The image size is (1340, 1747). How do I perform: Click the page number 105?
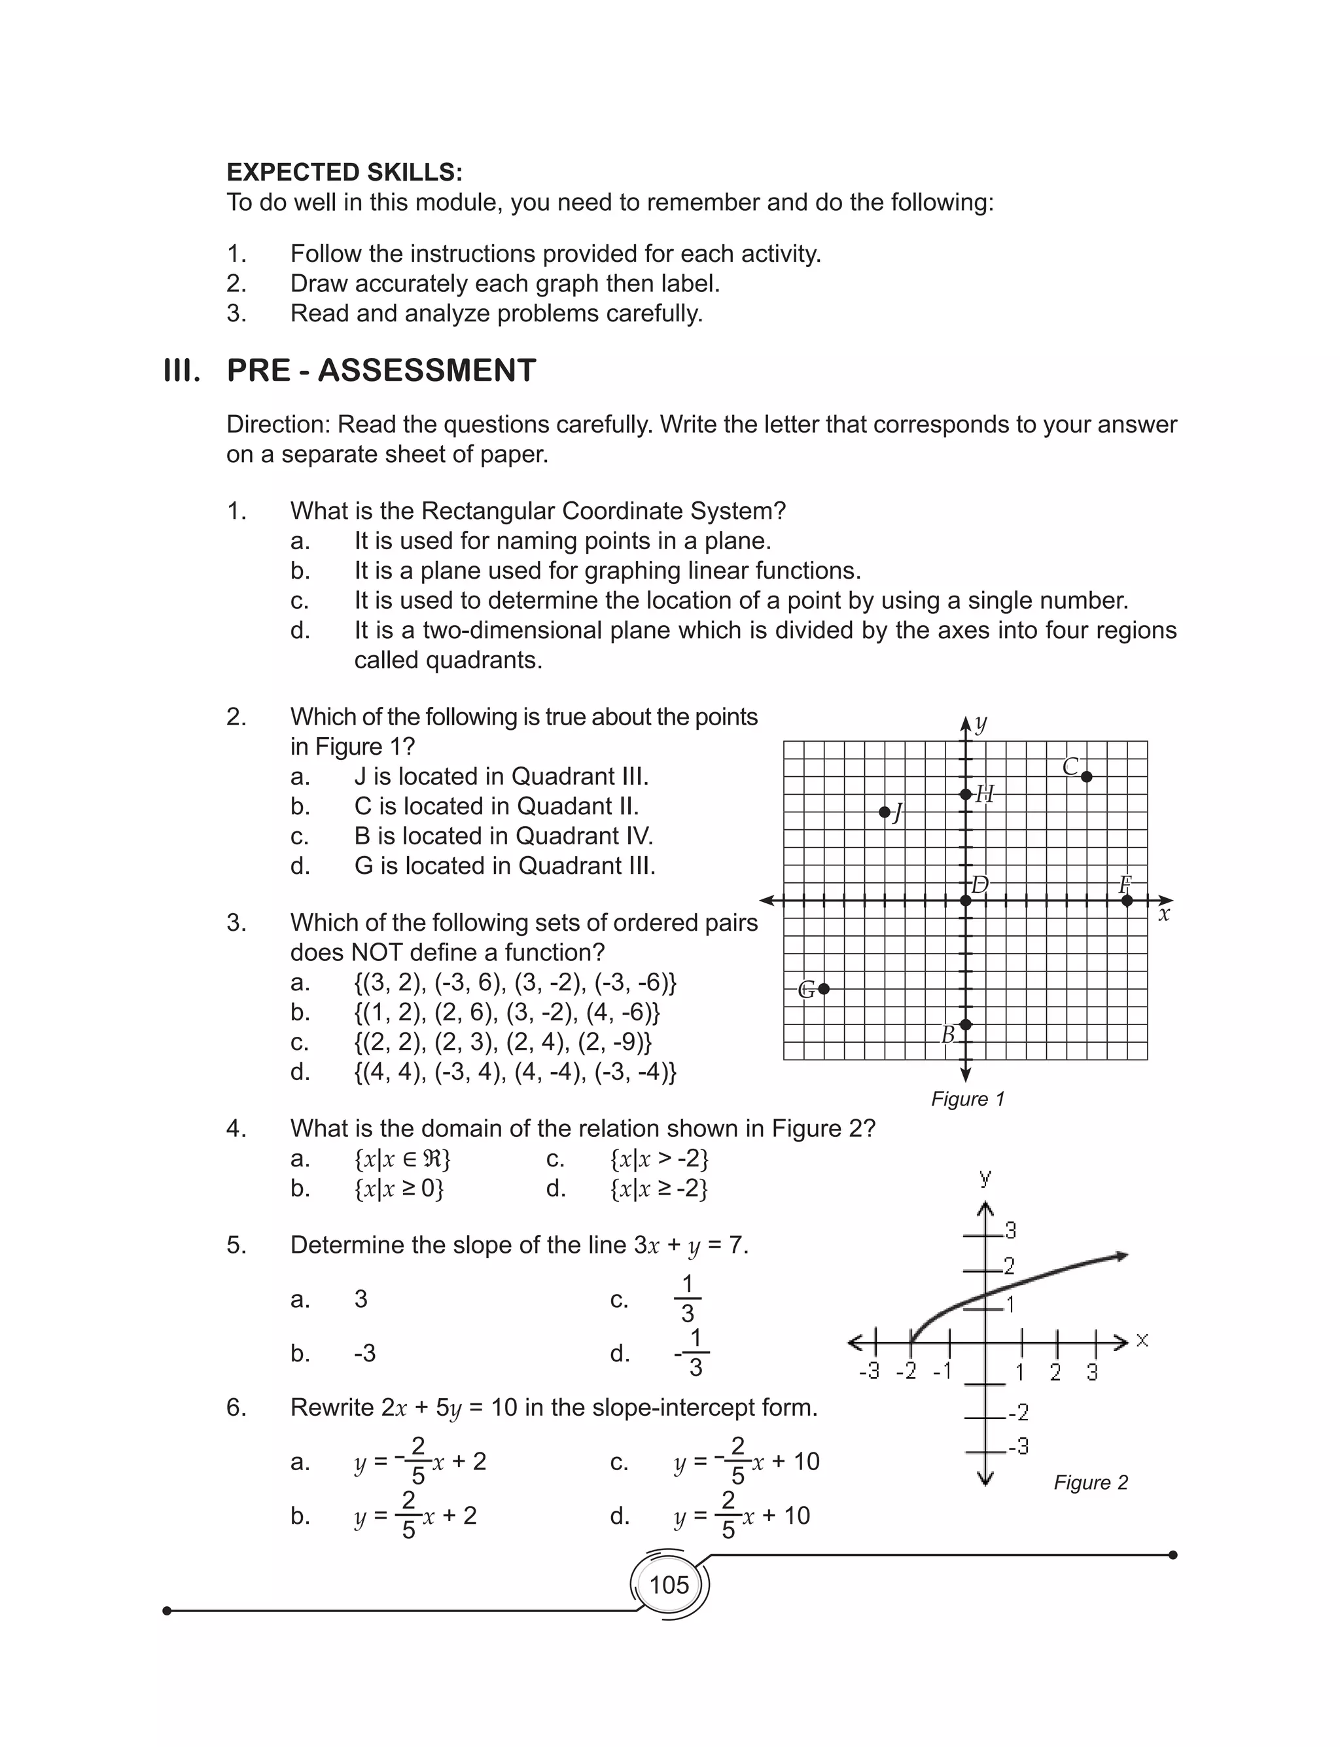669,1584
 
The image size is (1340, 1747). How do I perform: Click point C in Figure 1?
1086,776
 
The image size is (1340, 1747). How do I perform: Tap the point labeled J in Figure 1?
884,812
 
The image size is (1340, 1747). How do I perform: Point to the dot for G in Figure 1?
824,988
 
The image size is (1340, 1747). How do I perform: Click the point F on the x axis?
1126,901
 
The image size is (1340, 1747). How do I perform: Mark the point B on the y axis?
966,1024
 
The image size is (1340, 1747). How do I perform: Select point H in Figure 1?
966,794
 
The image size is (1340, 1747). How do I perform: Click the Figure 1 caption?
968,1098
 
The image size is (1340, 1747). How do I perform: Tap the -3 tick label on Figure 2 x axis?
870,1371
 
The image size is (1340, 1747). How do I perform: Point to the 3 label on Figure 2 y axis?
1011,1231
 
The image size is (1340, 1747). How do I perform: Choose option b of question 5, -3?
364,1353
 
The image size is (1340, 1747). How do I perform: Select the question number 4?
236,1128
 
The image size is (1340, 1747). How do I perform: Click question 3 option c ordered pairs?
502,1042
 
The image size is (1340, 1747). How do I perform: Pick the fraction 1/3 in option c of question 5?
688,1299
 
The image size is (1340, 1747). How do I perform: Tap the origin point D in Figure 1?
966,901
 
